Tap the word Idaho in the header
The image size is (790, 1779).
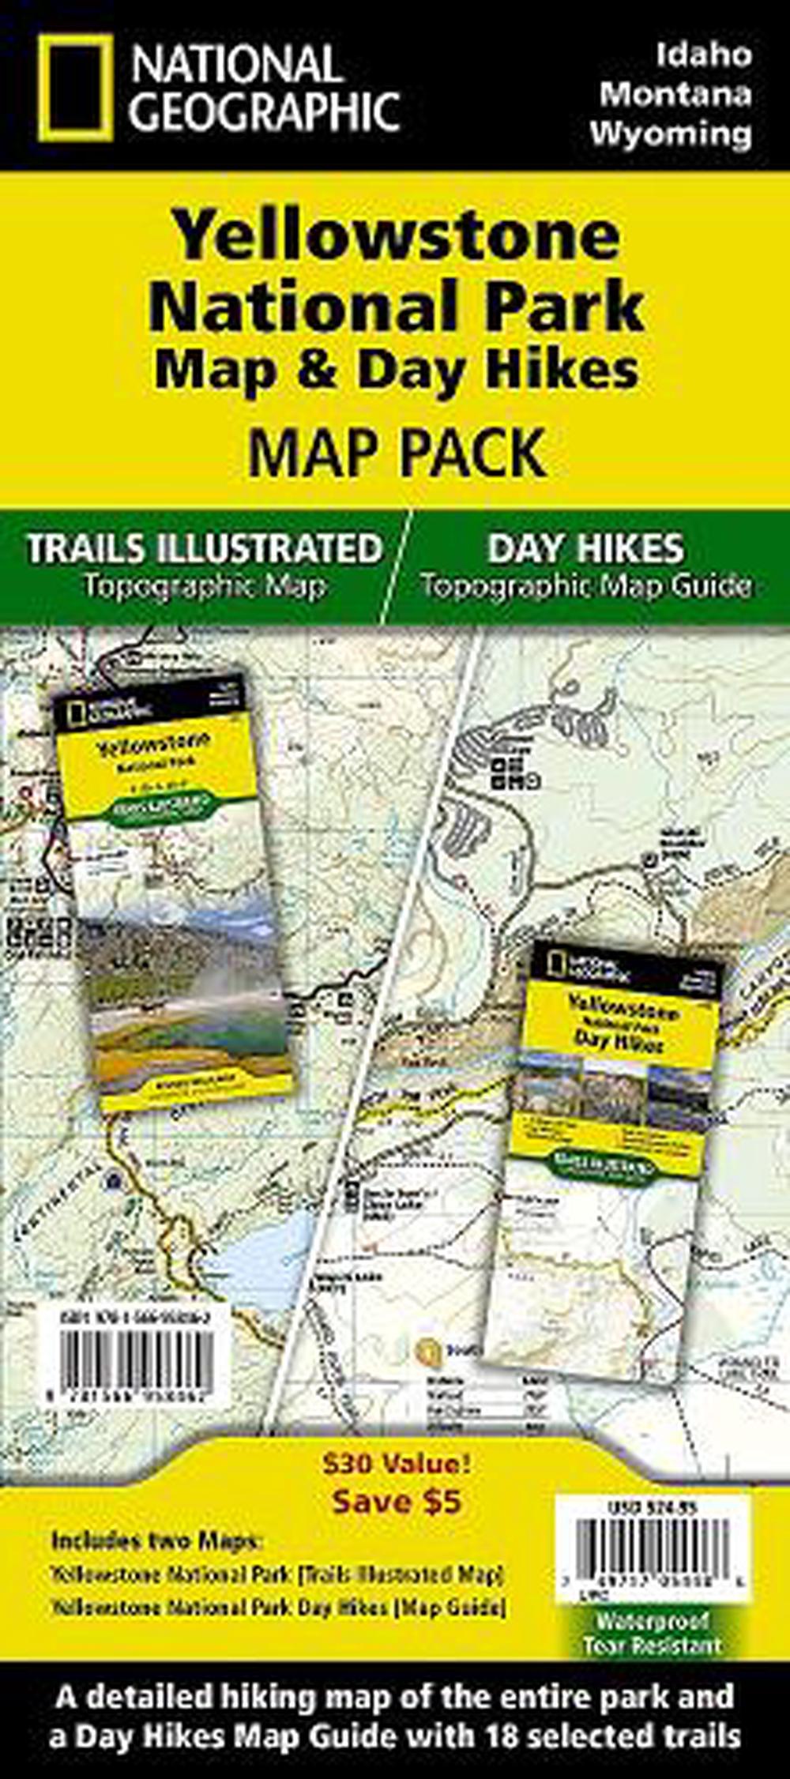pos(703,55)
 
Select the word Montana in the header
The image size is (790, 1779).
pos(675,94)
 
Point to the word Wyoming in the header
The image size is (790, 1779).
pos(670,133)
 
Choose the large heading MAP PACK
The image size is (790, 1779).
pos(397,452)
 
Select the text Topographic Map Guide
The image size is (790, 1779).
pos(585,586)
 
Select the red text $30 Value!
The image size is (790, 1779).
pos(396,1464)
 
